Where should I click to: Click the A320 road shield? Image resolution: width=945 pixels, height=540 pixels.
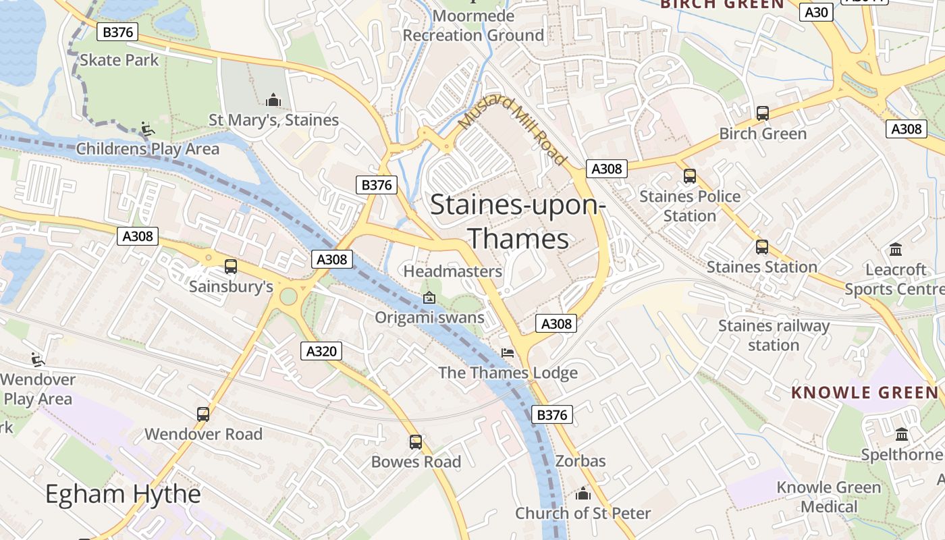(321, 351)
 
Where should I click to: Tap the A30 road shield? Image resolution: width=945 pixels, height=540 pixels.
(816, 11)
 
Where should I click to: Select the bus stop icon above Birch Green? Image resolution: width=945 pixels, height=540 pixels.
(763, 113)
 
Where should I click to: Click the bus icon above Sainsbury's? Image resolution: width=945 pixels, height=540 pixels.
(231, 267)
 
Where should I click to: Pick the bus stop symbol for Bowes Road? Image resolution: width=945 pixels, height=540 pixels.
(416, 442)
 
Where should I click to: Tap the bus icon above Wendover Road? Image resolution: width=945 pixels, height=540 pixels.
(203, 414)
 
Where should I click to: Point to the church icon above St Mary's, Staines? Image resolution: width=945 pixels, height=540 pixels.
(273, 101)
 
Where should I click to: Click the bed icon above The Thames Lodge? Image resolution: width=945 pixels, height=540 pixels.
(508, 353)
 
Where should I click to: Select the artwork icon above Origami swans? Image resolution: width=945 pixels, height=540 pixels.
(429, 298)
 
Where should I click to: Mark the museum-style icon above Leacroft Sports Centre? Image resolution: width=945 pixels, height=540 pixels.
(896, 250)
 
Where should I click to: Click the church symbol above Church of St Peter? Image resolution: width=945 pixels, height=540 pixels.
(583, 494)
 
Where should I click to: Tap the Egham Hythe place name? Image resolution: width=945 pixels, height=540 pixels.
(123, 495)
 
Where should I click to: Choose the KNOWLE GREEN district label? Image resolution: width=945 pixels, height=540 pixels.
(865, 392)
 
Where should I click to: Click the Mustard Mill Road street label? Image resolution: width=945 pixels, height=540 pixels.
(512, 130)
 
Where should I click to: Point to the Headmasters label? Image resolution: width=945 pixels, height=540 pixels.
(453, 271)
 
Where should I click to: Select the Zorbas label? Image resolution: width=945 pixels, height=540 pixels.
(580, 462)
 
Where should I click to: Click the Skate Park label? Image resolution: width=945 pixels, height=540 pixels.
(119, 60)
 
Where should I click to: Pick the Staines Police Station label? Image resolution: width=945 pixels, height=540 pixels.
(689, 206)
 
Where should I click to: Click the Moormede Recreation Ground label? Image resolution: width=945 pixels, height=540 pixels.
(473, 26)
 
